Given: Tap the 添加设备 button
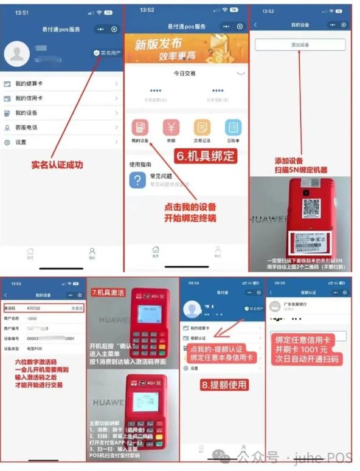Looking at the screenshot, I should pyautogui.click(x=300, y=45).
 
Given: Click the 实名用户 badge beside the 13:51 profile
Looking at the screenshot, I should pyautogui.click(x=107, y=53).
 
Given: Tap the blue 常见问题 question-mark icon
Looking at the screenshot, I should pyautogui.click(x=137, y=180).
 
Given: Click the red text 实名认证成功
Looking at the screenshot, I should pyautogui.click(x=57, y=165).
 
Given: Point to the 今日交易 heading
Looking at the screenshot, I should pyautogui.click(x=185, y=73).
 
